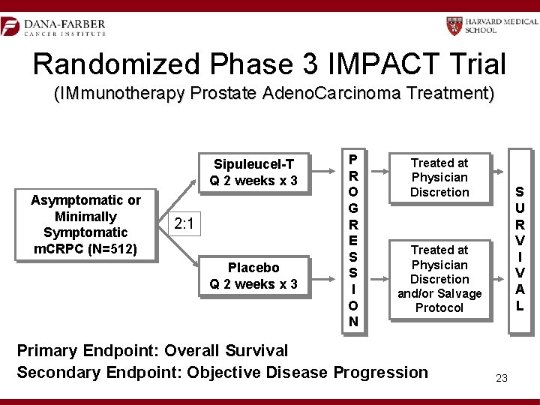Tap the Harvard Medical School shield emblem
454,26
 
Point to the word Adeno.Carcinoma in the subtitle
351,94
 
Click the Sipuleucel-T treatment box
253,172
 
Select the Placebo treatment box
253,275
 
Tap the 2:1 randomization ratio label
184,223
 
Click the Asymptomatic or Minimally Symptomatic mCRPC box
85,224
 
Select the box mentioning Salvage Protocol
439,278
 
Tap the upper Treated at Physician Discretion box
439,177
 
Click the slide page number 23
502,378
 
